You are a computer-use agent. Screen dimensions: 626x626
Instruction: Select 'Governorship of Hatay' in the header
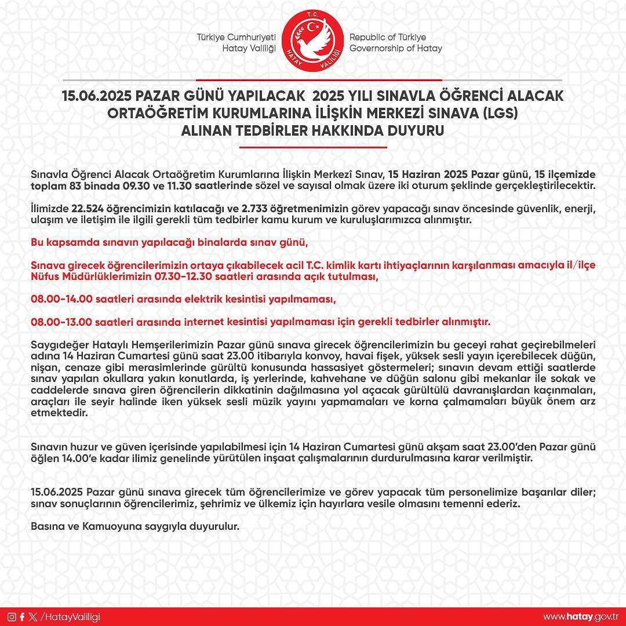point(395,48)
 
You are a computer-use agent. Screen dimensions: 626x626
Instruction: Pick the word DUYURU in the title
point(416,131)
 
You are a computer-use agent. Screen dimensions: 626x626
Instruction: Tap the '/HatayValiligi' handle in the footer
point(70,616)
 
